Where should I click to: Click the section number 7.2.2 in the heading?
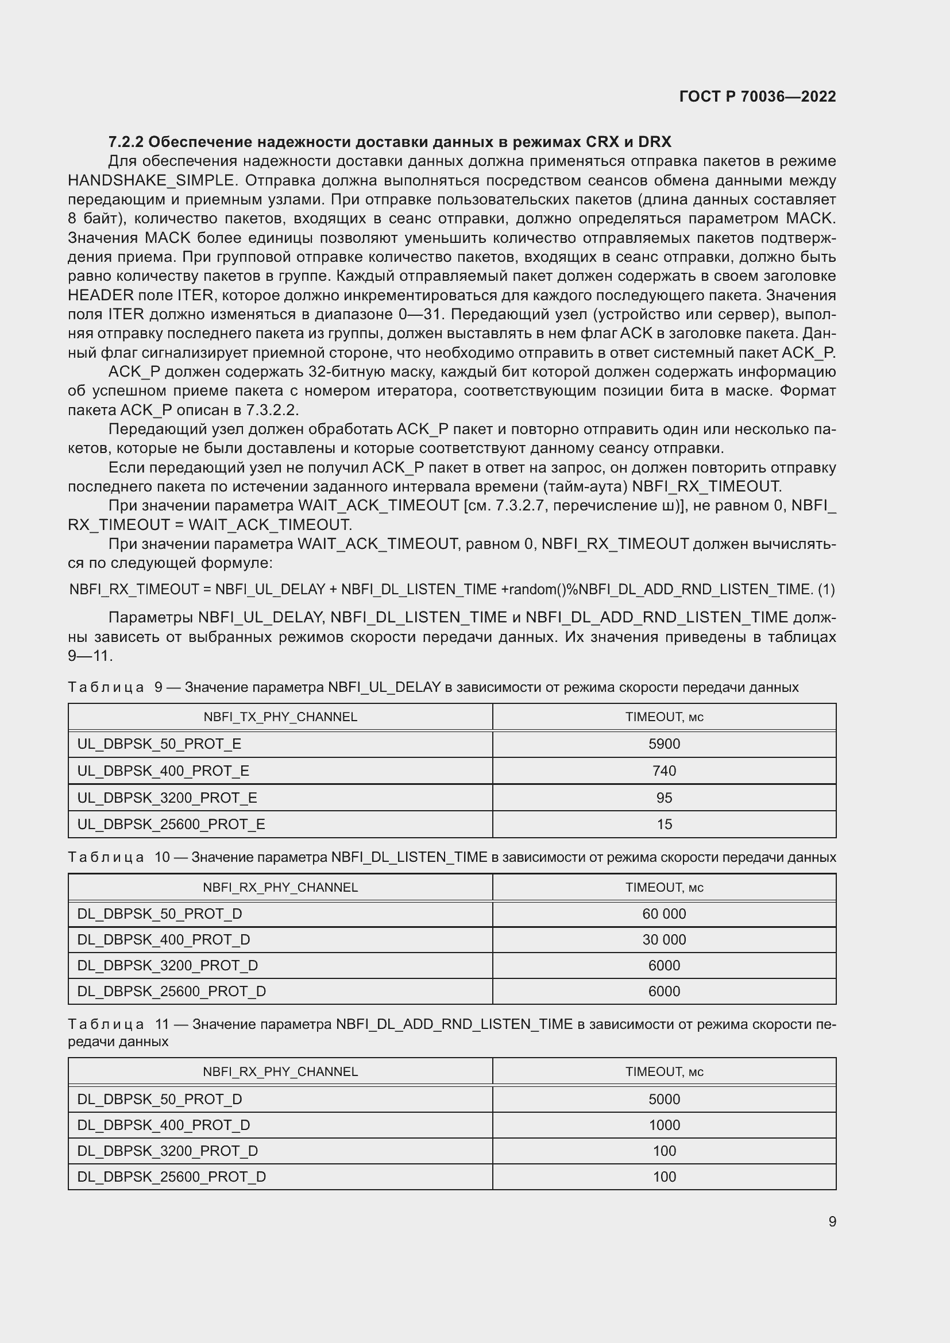coord(126,142)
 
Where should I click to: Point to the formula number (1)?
coord(826,590)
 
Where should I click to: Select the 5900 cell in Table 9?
coord(664,744)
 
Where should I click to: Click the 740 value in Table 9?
coord(664,771)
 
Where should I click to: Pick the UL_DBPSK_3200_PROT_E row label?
coord(167,798)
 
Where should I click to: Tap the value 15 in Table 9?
coord(664,824)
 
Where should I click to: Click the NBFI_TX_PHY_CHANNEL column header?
coord(280,717)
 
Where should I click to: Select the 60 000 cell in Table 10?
coord(664,914)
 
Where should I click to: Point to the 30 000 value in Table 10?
coord(664,939)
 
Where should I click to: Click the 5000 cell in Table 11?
coord(664,1099)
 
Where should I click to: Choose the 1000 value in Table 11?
coord(664,1125)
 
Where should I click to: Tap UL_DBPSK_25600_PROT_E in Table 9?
coord(171,824)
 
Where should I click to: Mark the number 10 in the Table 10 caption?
coord(162,857)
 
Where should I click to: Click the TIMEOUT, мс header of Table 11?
coord(664,1071)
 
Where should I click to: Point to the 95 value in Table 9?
coord(664,798)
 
